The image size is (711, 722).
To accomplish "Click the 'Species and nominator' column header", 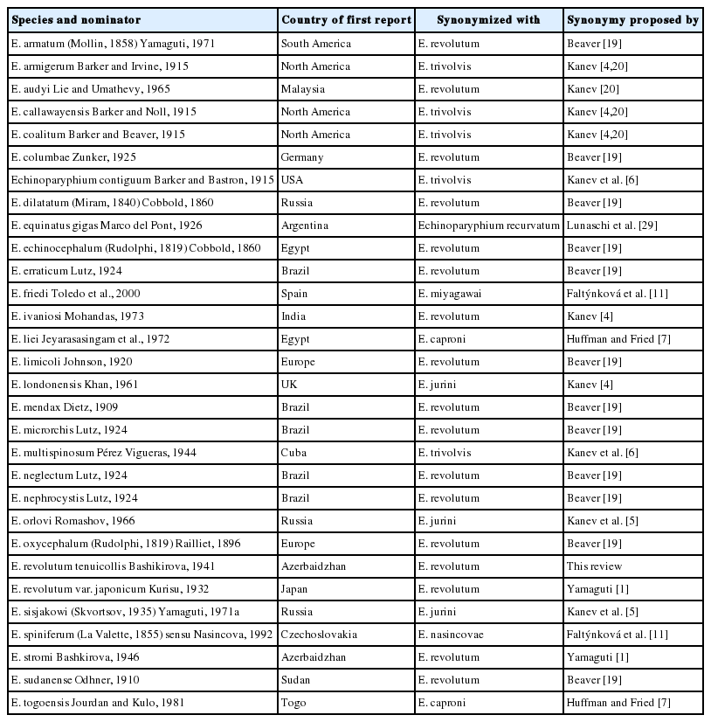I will coord(76,19).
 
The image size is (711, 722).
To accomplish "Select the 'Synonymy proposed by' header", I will coord(632,19).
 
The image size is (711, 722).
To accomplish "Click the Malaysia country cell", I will coord(302,88).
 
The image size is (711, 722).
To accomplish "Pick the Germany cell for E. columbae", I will coord(302,156).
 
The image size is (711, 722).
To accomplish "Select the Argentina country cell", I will coord(305,225).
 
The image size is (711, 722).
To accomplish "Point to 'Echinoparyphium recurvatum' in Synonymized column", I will coord(487,225).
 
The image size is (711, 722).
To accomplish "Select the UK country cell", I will coord(289,384).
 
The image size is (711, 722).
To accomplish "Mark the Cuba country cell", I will coord(293,452).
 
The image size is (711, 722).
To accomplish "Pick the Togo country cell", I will coord(293,702).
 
